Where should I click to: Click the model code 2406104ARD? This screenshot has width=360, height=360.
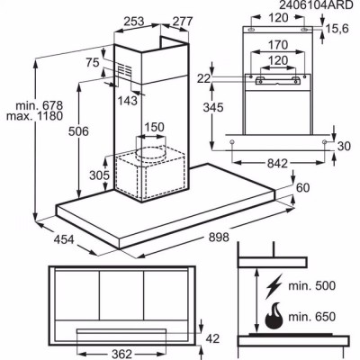click(x=316, y=4)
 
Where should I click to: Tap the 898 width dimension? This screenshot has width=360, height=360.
click(x=219, y=238)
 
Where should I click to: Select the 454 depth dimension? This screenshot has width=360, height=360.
click(x=64, y=239)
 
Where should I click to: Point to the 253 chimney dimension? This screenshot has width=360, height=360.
click(x=134, y=22)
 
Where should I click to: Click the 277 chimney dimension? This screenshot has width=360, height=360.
click(x=182, y=22)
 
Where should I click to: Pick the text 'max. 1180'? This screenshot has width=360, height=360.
click(x=35, y=116)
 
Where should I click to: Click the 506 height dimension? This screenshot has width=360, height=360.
click(x=78, y=131)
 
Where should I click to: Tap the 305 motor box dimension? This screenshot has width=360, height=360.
click(x=100, y=175)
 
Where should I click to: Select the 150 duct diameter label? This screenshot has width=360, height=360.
click(x=155, y=127)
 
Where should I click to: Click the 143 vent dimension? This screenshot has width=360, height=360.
click(x=127, y=101)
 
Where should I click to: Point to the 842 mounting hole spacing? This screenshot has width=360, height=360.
click(x=277, y=164)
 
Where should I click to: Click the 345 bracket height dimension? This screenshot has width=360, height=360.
click(x=213, y=107)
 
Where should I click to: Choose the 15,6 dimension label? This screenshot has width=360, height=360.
click(x=337, y=29)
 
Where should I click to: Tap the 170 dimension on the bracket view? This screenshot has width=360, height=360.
click(x=278, y=45)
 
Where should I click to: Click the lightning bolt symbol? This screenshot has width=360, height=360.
click(x=274, y=285)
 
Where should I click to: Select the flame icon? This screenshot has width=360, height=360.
click(x=274, y=318)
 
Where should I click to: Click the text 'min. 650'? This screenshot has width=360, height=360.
click(x=311, y=317)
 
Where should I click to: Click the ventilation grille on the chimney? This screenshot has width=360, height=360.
click(x=124, y=71)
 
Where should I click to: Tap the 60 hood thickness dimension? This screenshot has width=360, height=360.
click(x=302, y=188)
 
